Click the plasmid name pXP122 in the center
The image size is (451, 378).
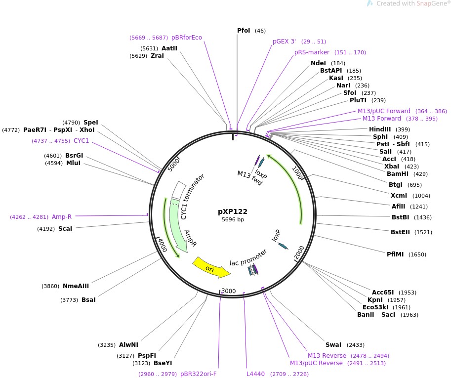[x=233, y=211]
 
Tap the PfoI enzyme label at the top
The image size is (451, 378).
[x=244, y=31]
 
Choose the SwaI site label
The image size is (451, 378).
[x=333, y=345]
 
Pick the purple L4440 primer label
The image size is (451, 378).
[x=256, y=374]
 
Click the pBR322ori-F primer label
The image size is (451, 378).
[x=198, y=374]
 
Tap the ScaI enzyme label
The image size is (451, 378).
[x=65, y=229]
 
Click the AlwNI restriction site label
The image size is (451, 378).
[x=128, y=345]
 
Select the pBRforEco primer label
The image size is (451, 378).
[x=187, y=38]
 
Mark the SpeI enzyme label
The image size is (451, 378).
[x=91, y=123]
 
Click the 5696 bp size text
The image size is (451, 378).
[x=233, y=220]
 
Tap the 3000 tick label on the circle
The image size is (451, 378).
[x=228, y=291]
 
